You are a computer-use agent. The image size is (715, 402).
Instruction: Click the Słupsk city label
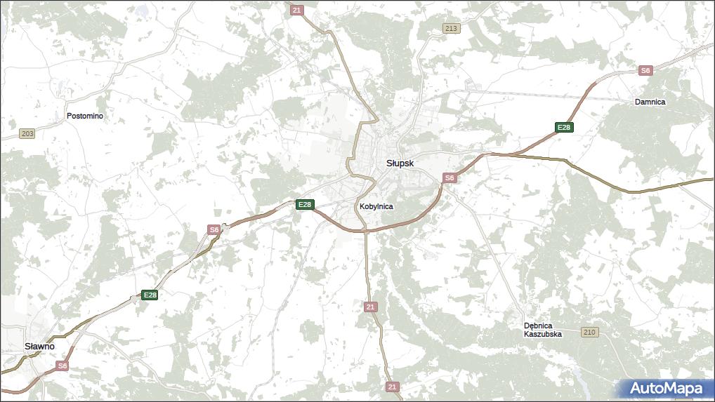click(x=400, y=163)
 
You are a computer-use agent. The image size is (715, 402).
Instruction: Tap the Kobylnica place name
click(x=376, y=206)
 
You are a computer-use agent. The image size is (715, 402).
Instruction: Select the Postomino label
click(x=85, y=116)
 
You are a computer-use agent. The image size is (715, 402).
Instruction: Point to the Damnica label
click(x=650, y=102)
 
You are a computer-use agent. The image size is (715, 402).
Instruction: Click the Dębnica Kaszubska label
click(x=543, y=330)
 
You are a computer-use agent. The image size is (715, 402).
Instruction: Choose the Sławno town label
click(x=39, y=347)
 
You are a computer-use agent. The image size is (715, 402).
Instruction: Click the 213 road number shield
click(x=451, y=29)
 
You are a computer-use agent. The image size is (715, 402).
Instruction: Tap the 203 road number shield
click(x=27, y=133)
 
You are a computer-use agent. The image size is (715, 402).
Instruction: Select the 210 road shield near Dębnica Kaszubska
click(x=589, y=332)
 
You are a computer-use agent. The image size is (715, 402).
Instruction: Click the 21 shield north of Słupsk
click(x=296, y=10)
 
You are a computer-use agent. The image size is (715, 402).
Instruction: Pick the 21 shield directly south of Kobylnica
click(x=371, y=307)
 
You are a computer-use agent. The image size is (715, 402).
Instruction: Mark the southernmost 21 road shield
click(x=392, y=387)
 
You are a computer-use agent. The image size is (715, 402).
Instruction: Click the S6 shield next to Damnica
click(x=645, y=70)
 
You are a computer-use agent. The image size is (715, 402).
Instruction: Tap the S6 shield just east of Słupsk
click(x=450, y=178)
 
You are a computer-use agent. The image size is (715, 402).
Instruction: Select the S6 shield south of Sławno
click(x=63, y=366)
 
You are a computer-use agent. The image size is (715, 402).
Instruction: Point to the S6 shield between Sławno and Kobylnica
click(x=214, y=229)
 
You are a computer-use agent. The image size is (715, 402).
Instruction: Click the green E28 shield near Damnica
click(x=563, y=127)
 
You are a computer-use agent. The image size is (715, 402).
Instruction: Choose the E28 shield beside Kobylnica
click(x=304, y=204)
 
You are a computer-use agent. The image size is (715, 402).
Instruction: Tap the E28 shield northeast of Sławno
click(x=150, y=295)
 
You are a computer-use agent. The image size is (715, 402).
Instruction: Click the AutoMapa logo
click(x=666, y=388)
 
